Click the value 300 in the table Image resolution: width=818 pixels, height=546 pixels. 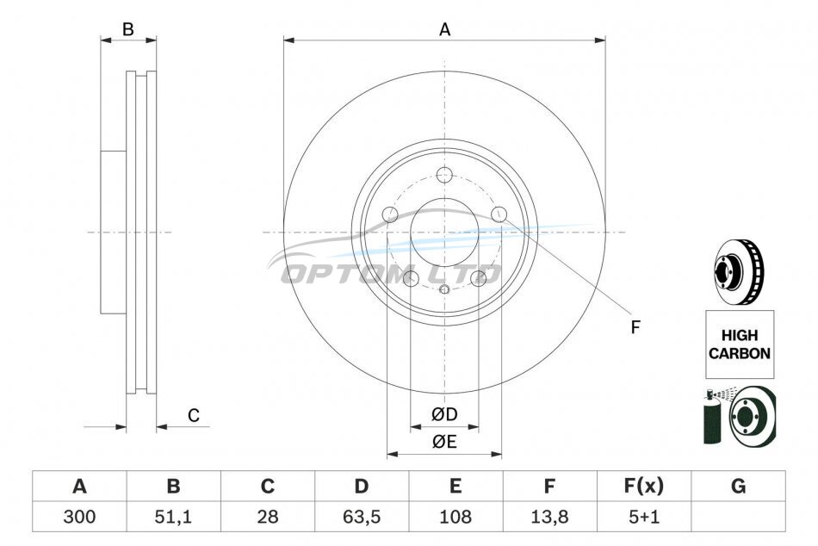coord(79,517)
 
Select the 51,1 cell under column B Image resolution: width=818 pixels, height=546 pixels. coord(173,517)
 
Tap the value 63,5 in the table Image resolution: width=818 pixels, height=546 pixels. coord(362,517)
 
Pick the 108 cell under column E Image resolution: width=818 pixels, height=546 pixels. coord(455,517)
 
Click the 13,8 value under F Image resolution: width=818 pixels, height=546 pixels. coord(549,517)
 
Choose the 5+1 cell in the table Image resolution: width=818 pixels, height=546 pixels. coord(644,517)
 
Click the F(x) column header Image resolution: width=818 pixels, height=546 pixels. coord(644,486)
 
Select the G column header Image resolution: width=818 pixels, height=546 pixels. coord(738,486)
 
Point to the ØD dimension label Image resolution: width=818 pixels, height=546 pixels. coord(444,414)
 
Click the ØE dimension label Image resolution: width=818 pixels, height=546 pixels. coord(444,442)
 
